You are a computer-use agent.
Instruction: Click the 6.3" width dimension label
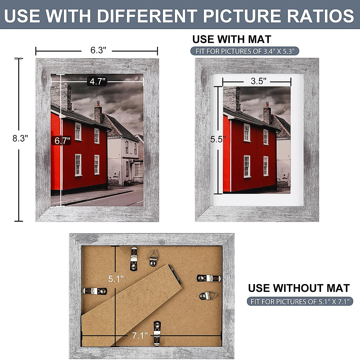click(98, 50)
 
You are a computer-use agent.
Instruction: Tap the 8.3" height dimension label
click(20, 139)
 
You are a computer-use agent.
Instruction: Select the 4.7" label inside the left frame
click(97, 81)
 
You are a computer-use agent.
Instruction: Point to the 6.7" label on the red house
click(62, 141)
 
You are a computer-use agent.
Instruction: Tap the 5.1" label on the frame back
click(116, 279)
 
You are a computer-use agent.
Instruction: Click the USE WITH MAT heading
click(232, 39)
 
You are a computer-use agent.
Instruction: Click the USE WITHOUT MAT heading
click(299, 288)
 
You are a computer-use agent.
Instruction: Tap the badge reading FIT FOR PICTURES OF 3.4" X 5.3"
click(244, 51)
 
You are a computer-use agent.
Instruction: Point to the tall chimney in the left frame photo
click(61, 96)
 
